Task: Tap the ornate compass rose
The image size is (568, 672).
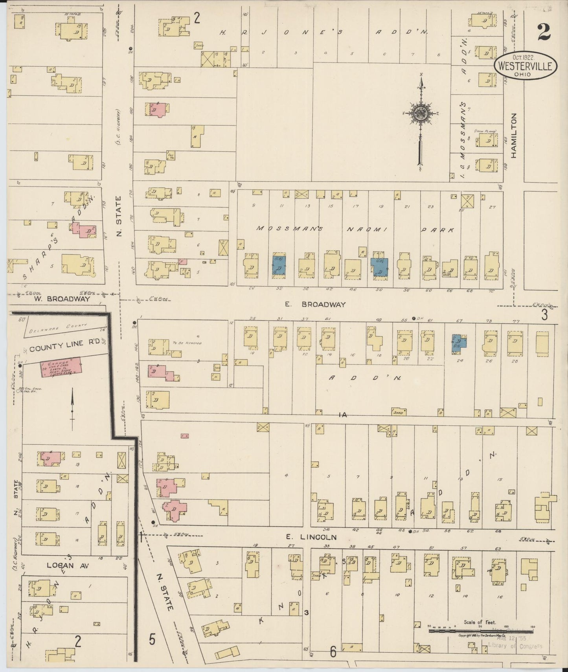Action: pos(421,114)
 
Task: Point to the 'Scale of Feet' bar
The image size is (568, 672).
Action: pos(480,631)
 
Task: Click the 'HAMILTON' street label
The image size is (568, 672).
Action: pos(514,136)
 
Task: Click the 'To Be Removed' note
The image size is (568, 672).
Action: pos(187,343)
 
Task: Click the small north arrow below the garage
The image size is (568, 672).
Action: pos(72,409)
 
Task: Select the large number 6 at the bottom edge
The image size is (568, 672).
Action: pos(333,652)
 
